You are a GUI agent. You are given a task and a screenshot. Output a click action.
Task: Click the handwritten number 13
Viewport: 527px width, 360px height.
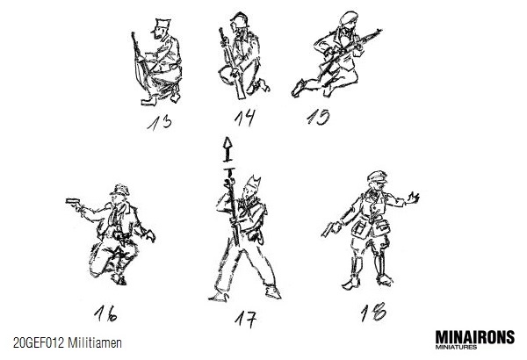[160, 123]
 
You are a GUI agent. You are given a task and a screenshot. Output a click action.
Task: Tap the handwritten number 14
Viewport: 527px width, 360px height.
[245, 118]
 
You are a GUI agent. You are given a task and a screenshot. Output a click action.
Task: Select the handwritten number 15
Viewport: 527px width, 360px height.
[318, 117]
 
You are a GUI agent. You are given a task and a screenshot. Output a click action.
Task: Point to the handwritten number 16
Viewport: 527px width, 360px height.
[105, 313]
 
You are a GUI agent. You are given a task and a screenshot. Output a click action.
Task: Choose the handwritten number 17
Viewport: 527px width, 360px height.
[246, 320]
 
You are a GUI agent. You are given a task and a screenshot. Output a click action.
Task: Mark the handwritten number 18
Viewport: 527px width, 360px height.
[373, 313]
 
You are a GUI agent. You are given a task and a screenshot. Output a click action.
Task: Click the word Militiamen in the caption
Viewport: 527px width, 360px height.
[95, 343]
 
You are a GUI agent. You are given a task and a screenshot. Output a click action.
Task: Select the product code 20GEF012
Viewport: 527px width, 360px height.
[39, 343]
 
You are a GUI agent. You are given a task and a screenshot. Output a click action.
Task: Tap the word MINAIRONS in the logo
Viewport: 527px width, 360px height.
[475, 337]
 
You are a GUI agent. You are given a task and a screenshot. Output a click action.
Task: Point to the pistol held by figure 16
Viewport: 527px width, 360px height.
[73, 202]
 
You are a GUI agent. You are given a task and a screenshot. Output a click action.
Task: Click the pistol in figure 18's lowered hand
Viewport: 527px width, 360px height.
[328, 230]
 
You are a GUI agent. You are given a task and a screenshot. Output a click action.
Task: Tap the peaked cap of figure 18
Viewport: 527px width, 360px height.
[377, 176]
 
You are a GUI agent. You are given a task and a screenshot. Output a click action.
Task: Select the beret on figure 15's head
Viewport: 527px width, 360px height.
[349, 18]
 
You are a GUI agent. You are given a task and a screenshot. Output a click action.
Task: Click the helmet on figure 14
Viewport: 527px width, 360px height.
[239, 20]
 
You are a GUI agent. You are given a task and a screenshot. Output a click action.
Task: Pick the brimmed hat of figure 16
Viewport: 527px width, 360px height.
[119, 191]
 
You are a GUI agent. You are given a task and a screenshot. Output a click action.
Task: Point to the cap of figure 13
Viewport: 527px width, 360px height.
[162, 25]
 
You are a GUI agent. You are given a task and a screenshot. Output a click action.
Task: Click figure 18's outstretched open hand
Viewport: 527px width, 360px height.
[413, 198]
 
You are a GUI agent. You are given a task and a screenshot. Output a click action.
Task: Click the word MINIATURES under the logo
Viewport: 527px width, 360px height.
[456, 347]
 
